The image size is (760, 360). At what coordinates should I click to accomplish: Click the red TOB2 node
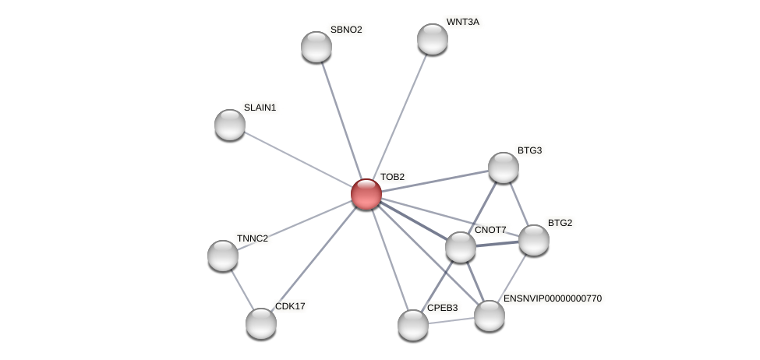pos(366,194)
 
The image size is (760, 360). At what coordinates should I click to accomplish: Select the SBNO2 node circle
pos(316,47)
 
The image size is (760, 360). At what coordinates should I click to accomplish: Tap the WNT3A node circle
pos(433,39)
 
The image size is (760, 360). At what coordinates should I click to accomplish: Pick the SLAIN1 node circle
pos(230,125)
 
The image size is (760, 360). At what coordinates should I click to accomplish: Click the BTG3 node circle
pos(504,168)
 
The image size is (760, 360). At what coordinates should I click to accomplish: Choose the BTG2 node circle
pos(534,240)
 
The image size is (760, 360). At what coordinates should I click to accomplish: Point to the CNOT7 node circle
pos(461,247)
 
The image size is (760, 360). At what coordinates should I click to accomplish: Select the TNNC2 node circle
pos(223,256)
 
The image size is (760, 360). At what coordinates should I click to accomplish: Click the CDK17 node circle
pos(261,323)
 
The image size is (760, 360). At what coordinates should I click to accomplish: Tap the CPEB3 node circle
pos(413,325)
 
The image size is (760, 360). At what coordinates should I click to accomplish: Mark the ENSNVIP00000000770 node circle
pos(490,316)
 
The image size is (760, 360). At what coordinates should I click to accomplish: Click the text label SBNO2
pos(346,30)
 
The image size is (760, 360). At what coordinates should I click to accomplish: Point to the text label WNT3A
pos(463,22)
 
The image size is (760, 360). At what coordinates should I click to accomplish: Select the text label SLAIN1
pos(260,108)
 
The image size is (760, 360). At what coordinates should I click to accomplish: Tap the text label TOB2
pos(392,177)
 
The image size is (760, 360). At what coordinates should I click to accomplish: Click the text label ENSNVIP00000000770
pos(552,298)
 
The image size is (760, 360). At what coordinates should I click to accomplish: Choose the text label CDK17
pos(290,306)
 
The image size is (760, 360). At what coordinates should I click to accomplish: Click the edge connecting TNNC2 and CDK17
pos(242,289)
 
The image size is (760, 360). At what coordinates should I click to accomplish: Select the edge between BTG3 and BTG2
pos(519,204)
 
